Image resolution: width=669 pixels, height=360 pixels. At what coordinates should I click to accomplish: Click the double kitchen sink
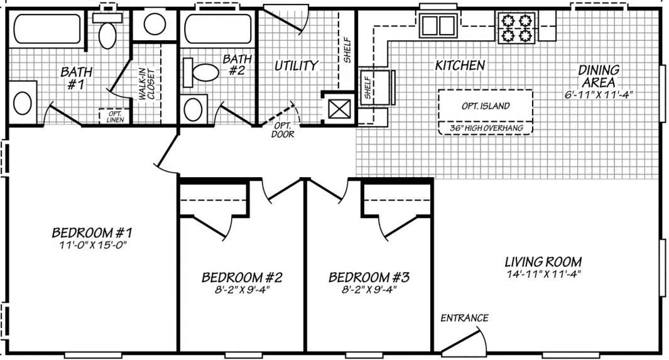438,26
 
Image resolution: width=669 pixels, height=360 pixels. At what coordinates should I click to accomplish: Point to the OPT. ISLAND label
485,106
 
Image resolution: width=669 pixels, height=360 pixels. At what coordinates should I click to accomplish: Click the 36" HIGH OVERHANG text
485,128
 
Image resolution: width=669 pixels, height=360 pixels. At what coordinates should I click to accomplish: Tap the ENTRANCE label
464,318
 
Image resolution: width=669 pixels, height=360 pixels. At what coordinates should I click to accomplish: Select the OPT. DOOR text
281,129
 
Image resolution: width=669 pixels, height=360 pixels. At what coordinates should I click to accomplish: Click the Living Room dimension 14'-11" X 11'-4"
543,274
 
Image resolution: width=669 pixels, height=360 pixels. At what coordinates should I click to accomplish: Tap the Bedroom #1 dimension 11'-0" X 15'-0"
92,246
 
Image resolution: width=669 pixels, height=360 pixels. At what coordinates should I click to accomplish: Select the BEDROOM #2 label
242,277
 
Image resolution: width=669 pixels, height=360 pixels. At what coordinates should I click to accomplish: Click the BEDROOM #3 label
369,277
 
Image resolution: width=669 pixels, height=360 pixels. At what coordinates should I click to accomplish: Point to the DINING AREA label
598,75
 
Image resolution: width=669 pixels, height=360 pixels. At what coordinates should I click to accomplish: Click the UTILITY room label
296,65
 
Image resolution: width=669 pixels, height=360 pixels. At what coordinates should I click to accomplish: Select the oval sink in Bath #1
23,102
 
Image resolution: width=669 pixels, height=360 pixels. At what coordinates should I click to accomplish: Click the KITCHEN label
460,65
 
